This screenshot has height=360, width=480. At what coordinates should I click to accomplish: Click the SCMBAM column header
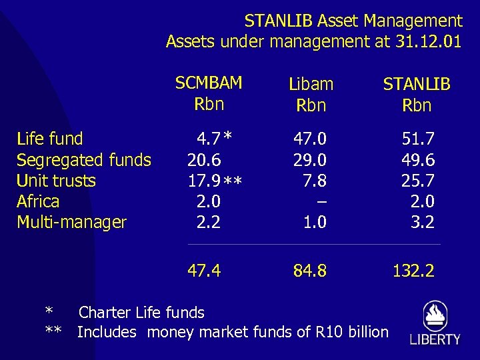point(209,83)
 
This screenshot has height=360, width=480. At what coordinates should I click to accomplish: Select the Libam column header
point(311,85)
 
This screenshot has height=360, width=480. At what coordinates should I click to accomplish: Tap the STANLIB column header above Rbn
point(417,85)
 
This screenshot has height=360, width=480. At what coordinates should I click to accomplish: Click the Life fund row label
point(50,139)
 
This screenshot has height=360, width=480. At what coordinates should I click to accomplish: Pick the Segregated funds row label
point(84,160)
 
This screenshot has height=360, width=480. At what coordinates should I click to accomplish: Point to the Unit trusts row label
point(56,181)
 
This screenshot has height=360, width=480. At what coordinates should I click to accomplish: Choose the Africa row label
point(38,201)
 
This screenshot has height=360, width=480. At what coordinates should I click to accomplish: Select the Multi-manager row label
point(71,222)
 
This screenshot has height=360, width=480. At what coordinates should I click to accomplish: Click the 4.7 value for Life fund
point(208,139)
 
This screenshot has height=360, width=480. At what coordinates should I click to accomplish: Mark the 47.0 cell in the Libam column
point(311,139)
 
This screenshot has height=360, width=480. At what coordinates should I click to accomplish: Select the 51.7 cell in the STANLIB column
point(418,139)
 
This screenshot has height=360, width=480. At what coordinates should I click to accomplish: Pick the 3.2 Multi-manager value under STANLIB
point(423,222)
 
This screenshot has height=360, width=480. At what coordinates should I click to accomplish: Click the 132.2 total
point(413,270)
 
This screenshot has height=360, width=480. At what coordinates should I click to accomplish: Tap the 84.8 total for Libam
point(311,270)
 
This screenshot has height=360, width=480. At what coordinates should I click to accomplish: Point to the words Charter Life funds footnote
point(141,312)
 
